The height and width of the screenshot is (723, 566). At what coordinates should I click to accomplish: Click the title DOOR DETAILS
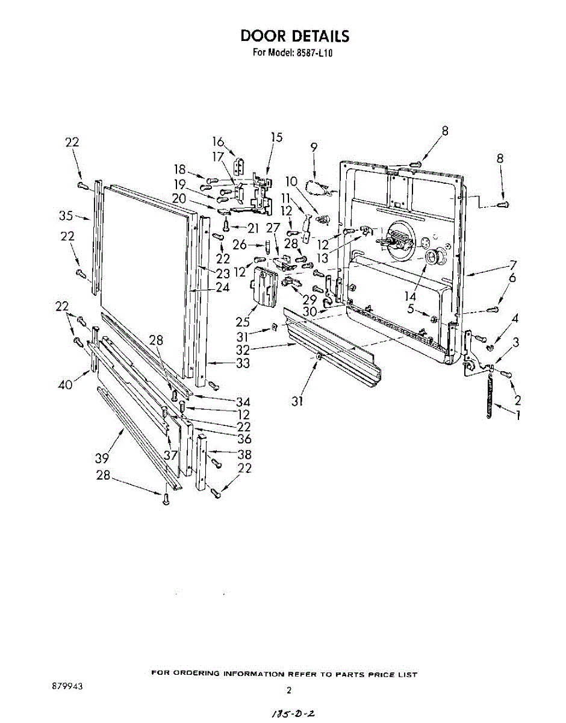[294, 36]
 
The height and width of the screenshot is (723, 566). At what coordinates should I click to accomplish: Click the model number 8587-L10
[314, 52]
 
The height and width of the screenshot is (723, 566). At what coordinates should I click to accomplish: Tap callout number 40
[66, 384]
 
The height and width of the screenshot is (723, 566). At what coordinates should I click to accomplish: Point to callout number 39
[102, 458]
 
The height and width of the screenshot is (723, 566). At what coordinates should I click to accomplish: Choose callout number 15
[276, 137]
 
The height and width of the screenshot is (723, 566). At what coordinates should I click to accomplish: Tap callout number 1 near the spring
[517, 415]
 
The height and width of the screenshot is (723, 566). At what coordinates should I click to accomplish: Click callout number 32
[243, 349]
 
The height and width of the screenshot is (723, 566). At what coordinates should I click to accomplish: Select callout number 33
[243, 363]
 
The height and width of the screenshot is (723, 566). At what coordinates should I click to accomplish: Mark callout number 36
[244, 439]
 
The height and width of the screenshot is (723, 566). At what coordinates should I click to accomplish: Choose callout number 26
[240, 245]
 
